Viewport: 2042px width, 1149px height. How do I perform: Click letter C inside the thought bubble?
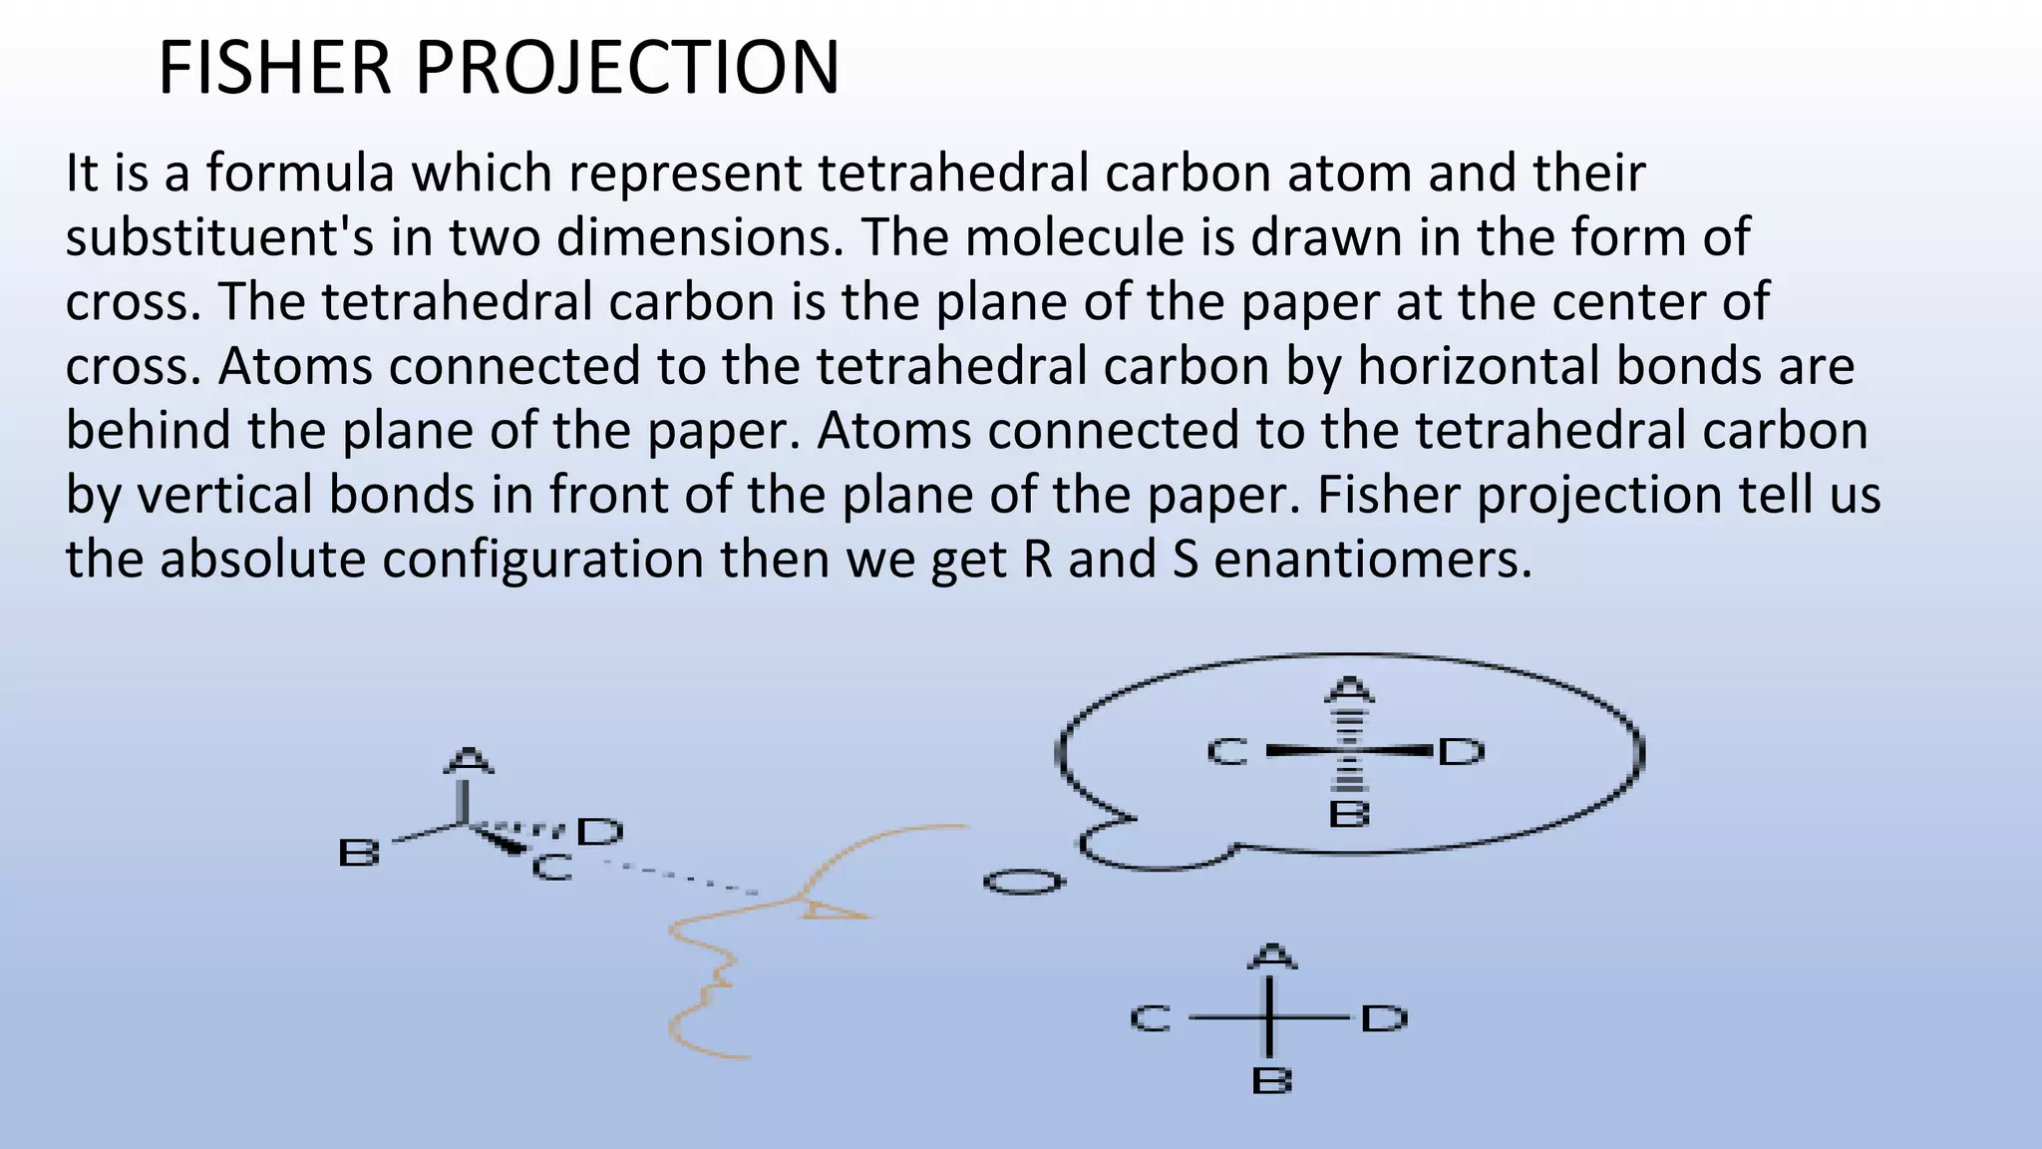click(1227, 752)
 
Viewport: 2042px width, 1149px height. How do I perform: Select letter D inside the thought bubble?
click(1462, 751)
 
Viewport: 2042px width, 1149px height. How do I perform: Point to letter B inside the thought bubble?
click(1349, 815)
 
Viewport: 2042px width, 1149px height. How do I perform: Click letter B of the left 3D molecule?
click(359, 854)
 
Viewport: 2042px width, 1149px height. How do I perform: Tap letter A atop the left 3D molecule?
click(467, 760)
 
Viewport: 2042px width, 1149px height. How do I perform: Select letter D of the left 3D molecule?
click(600, 832)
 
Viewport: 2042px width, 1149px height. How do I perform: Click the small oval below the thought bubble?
click(1023, 883)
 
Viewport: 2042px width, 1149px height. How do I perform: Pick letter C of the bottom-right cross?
click(1151, 1018)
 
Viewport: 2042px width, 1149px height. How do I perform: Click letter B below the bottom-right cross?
click(1271, 1081)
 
